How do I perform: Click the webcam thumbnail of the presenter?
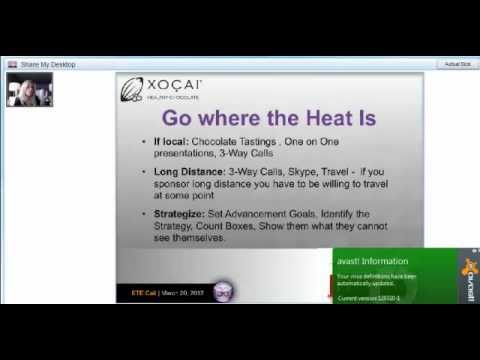pos(30,88)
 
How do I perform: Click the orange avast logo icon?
pos(465,280)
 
